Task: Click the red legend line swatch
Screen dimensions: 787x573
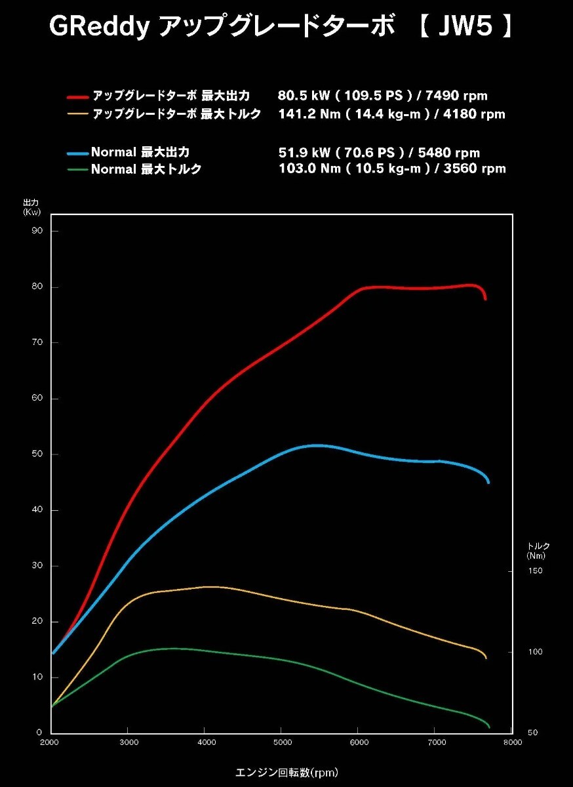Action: pos(77,96)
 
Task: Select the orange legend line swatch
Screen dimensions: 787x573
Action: pos(77,114)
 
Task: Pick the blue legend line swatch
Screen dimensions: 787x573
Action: pos(77,153)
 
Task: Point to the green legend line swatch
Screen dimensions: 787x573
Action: pos(77,169)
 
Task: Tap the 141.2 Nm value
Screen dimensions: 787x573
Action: pos(303,114)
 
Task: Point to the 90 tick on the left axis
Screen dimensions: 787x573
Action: pos(37,231)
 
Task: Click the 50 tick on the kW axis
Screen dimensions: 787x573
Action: pos(37,454)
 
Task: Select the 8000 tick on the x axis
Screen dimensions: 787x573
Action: pos(513,742)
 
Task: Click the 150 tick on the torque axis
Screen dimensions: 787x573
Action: pos(536,571)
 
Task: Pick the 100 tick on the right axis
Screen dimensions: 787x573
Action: pos(536,652)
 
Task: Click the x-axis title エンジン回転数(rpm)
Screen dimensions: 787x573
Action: pos(286,772)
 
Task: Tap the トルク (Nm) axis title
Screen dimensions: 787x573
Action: pos(538,551)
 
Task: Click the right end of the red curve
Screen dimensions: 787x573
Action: pos(485,298)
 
